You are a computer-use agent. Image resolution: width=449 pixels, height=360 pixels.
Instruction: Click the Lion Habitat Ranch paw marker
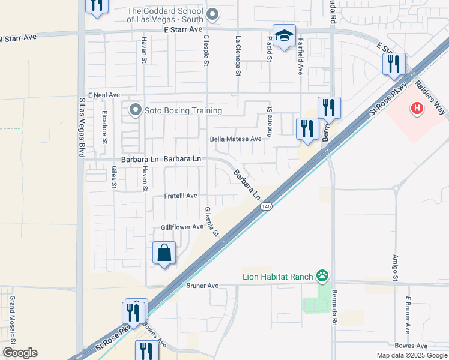[323, 276]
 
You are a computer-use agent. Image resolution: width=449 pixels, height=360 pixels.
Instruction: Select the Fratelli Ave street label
[181, 196]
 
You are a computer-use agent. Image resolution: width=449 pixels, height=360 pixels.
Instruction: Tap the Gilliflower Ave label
[182, 227]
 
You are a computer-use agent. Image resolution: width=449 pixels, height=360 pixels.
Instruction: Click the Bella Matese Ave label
[235, 139]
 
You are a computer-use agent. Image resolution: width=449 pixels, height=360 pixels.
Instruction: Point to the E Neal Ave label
[104, 95]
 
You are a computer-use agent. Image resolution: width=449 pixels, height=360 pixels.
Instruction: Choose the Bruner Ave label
[202, 286]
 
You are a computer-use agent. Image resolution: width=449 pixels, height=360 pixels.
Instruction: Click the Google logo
[20, 352]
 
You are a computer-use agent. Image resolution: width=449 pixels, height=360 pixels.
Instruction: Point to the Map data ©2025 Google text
[411, 355]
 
